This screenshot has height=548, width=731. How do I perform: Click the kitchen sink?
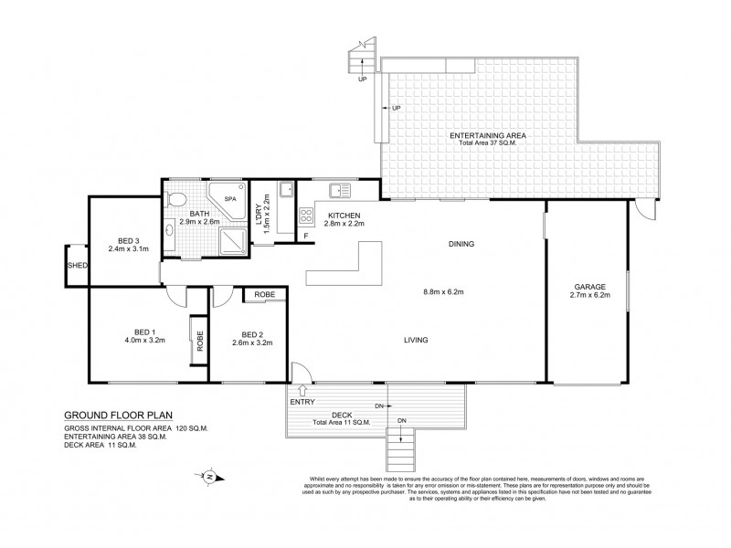click(341, 190)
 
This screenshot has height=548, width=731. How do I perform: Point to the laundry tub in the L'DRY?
click(285, 190)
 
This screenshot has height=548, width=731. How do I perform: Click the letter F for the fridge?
click(307, 237)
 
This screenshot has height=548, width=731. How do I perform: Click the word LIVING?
click(417, 340)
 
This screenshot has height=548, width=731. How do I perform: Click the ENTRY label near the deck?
click(302, 402)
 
